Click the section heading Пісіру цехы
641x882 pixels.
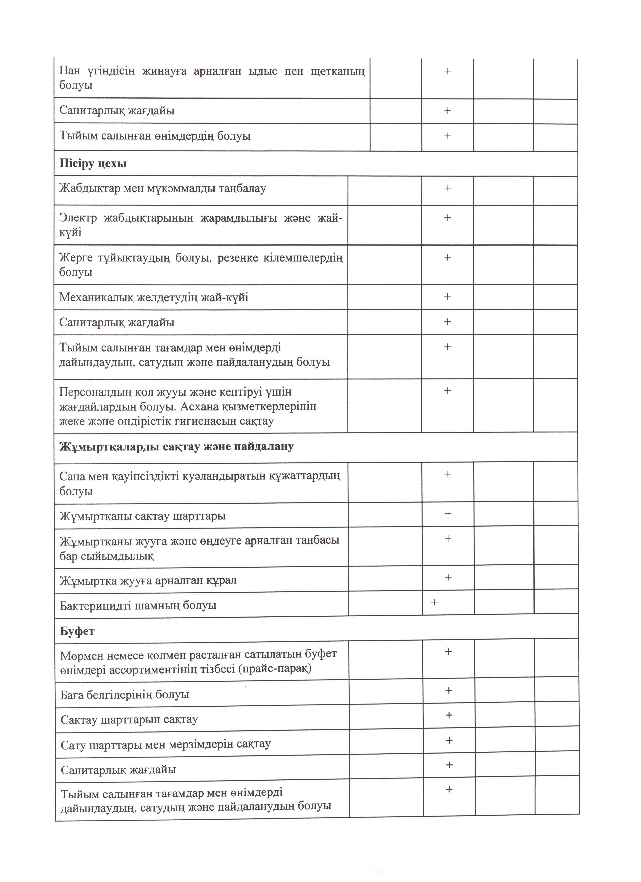(x=93, y=164)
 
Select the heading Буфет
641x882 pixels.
(x=77, y=631)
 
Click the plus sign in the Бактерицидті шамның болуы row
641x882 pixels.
(x=434, y=602)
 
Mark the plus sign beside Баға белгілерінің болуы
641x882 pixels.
(x=449, y=690)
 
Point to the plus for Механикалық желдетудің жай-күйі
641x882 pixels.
(x=447, y=297)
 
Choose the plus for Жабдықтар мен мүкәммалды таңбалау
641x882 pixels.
(x=447, y=189)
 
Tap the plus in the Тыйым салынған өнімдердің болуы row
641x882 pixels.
(x=447, y=136)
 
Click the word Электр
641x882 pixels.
(x=78, y=218)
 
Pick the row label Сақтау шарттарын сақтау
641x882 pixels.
(x=129, y=719)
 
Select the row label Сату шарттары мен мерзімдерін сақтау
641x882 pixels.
(x=165, y=744)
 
